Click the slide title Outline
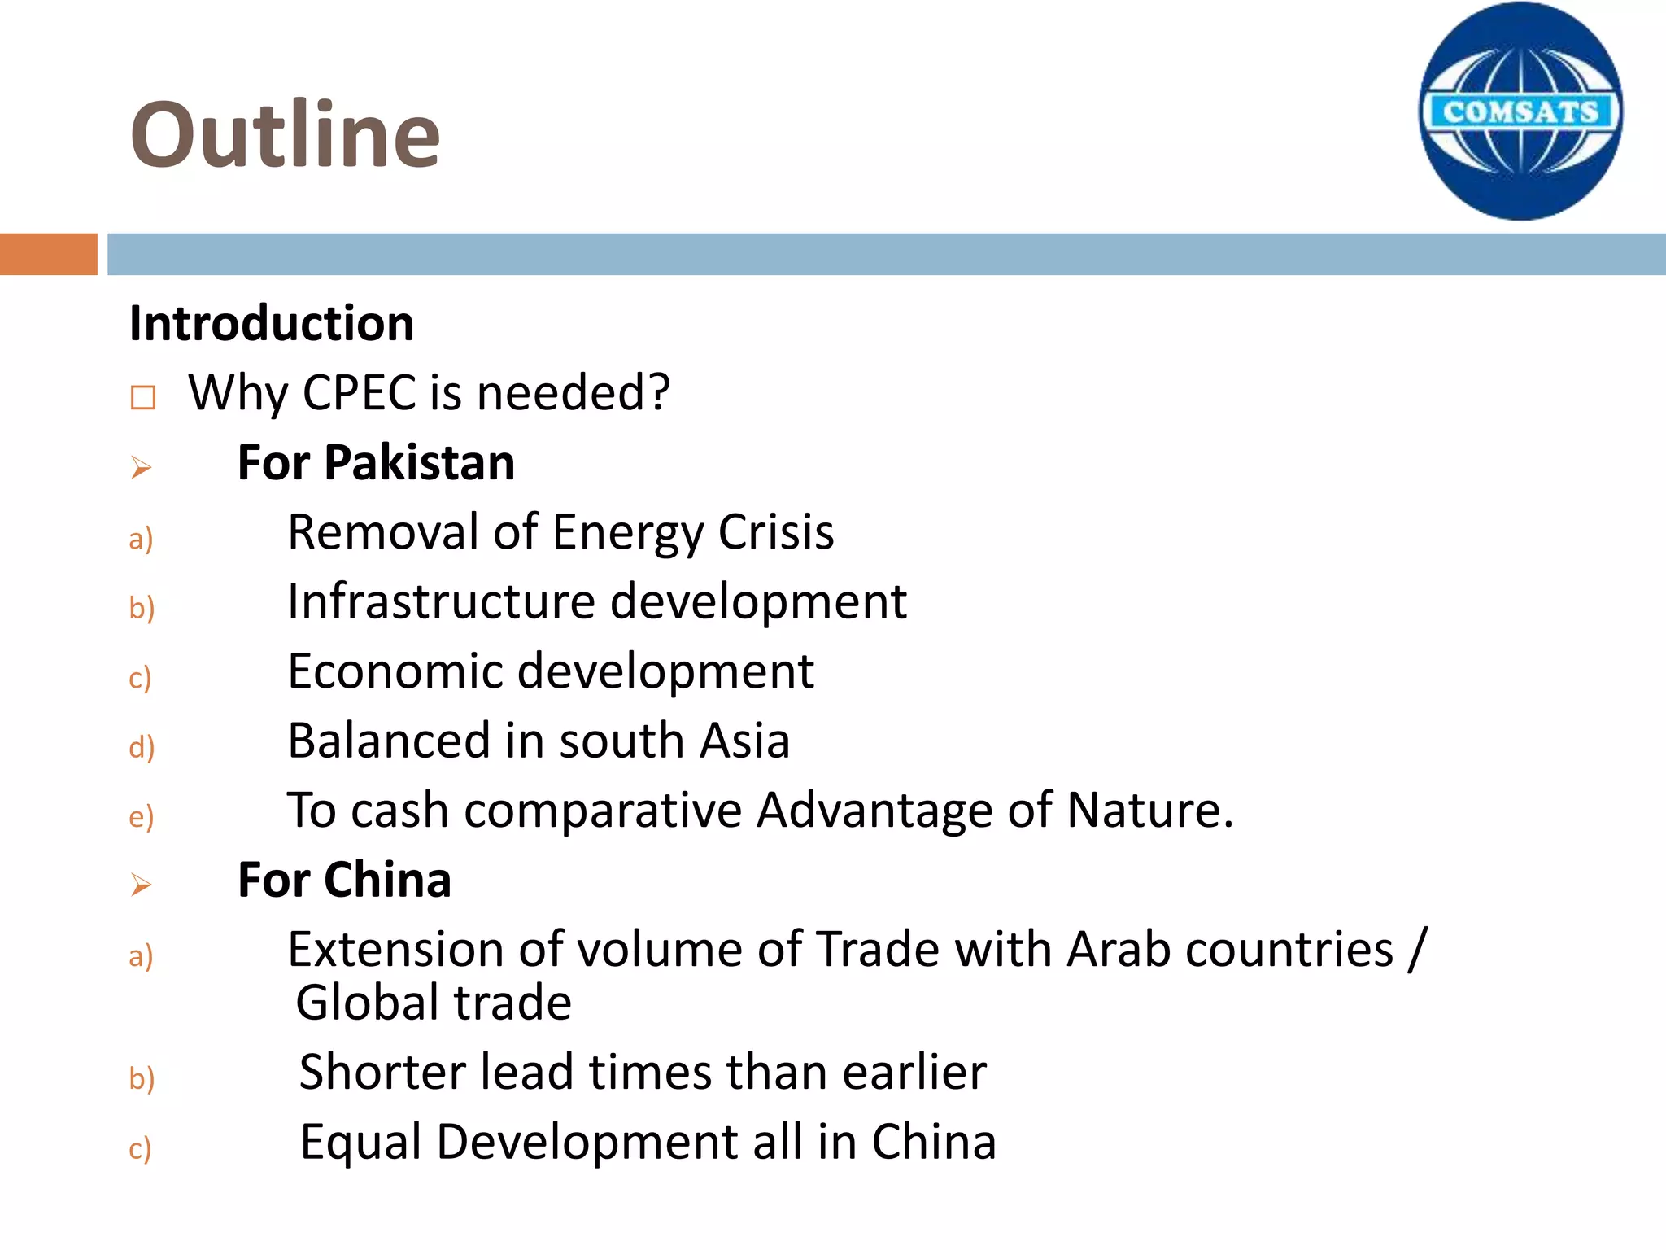click(x=285, y=134)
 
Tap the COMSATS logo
click(x=1520, y=111)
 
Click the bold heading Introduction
click(x=272, y=323)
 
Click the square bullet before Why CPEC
click(x=143, y=398)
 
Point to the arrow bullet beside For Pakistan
click(x=142, y=468)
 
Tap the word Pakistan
click(x=420, y=463)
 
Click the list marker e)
click(x=142, y=817)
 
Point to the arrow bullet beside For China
click(x=142, y=885)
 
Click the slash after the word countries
click(x=1418, y=950)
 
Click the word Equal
click(x=360, y=1142)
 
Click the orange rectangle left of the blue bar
click(x=48, y=254)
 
